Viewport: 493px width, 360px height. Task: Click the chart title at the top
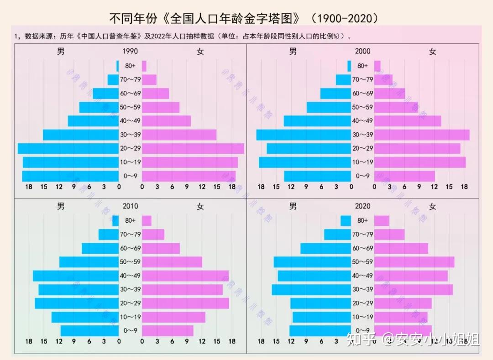point(244,18)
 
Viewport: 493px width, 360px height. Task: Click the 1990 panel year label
point(131,51)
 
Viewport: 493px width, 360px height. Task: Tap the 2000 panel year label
point(362,51)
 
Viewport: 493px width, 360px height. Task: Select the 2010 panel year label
point(131,206)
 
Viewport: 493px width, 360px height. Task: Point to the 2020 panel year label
point(362,206)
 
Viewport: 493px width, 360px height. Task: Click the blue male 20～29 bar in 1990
point(68,148)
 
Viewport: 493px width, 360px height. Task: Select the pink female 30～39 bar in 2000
point(422,135)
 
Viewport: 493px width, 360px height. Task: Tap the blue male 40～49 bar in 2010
point(76,276)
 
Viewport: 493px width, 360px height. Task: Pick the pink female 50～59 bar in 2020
point(414,262)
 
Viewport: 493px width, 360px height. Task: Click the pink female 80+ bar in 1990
point(144,66)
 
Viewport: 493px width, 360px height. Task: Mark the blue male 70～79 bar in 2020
point(337,235)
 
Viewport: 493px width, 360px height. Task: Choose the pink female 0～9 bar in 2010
point(168,330)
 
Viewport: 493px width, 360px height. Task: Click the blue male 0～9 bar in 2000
point(317,176)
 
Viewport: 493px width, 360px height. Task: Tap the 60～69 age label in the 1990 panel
point(131,94)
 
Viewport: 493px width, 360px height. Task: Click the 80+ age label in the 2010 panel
point(131,221)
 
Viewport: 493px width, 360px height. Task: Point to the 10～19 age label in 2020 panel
point(362,317)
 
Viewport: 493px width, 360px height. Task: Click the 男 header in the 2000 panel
point(293,51)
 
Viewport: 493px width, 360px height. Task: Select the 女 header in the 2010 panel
point(200,206)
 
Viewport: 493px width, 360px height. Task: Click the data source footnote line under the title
point(183,36)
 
